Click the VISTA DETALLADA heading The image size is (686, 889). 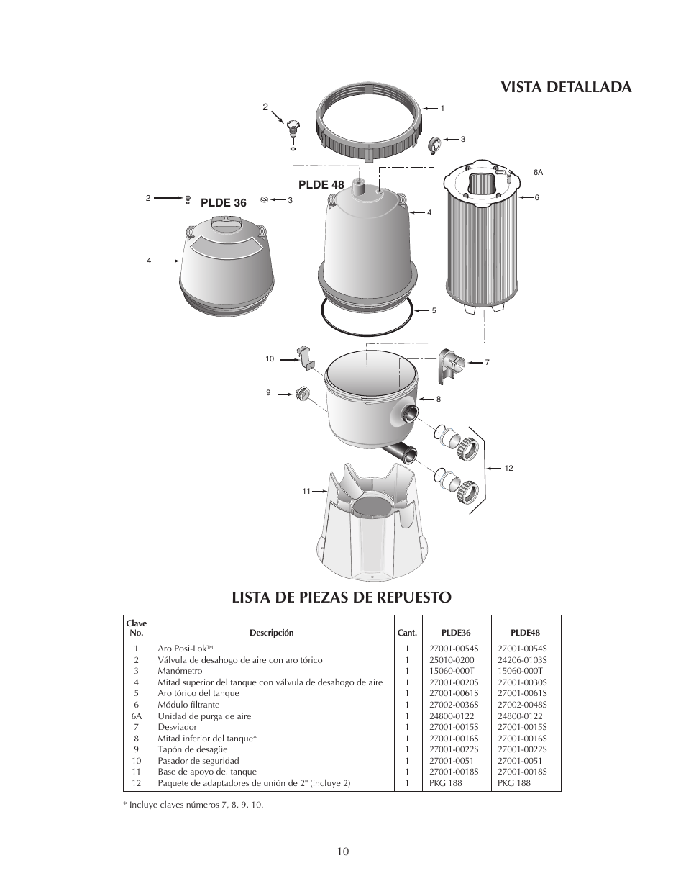coord(565,87)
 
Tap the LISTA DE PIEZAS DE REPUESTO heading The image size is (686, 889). coord(342,597)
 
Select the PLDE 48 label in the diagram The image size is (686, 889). coord(321,184)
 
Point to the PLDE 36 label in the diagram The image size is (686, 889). coord(223,203)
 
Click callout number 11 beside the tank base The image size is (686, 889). coord(306,491)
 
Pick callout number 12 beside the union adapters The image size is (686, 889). coord(508,469)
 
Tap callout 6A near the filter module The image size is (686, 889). coord(538,173)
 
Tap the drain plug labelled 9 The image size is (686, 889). coord(302,394)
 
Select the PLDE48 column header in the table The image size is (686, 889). coord(525,633)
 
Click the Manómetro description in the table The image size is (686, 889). coord(180,671)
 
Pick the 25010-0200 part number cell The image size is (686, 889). coord(452,660)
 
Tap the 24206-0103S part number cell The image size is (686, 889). coord(522,660)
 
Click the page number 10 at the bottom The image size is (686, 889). coord(342,852)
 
